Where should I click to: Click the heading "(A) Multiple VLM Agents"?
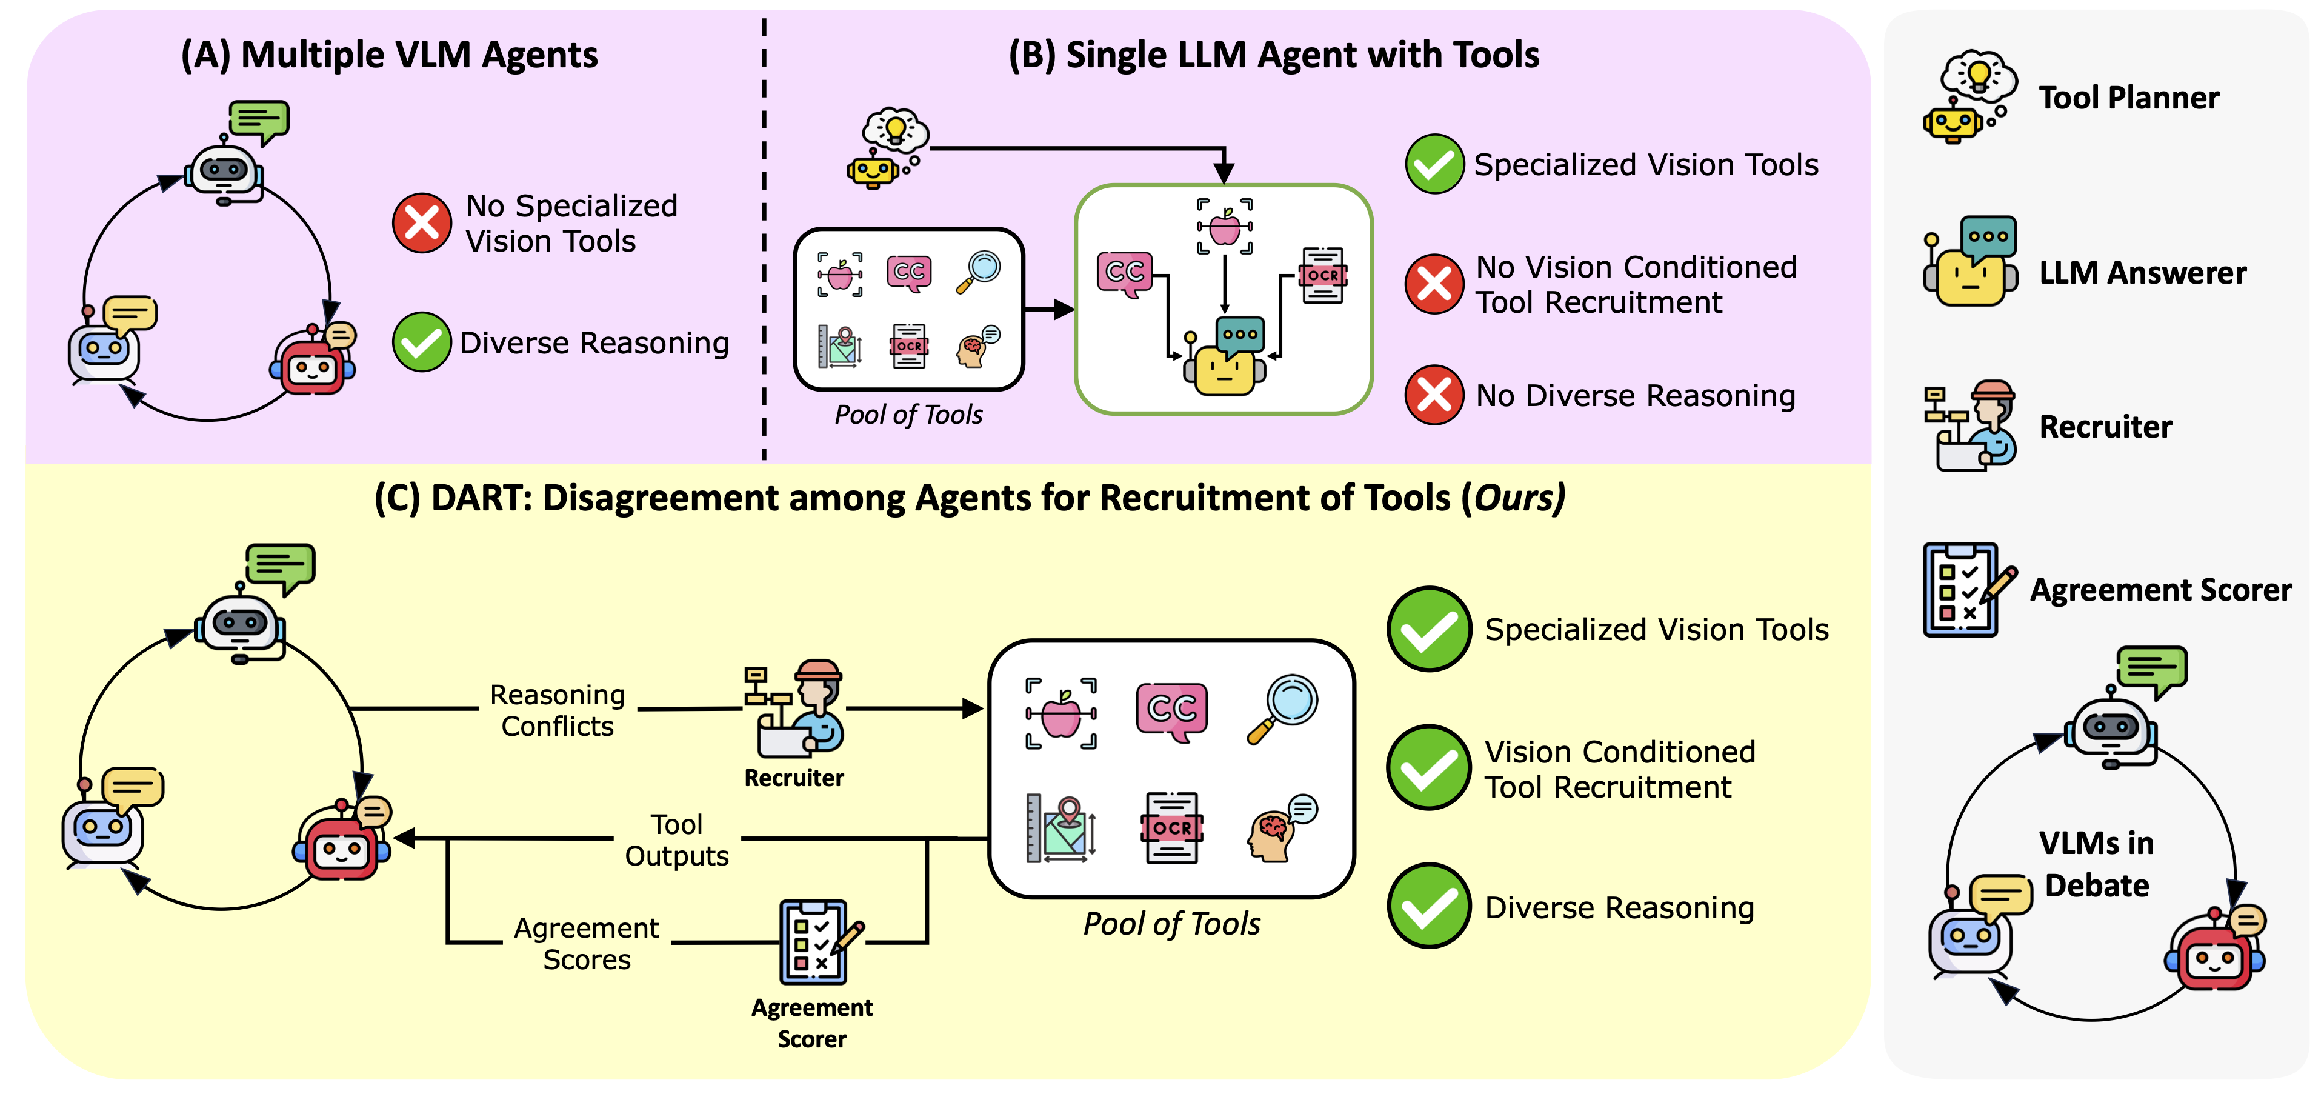[389, 55]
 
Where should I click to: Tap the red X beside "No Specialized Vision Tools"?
[421, 223]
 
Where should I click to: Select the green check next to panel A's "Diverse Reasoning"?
[421, 342]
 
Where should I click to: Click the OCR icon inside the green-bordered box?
[1322, 275]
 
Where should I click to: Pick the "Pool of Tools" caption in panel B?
[908, 415]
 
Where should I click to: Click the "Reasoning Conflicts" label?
[558, 710]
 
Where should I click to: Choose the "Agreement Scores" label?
[587, 943]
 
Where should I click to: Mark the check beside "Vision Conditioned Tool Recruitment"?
[1429, 768]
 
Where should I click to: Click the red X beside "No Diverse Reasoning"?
[1434, 395]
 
